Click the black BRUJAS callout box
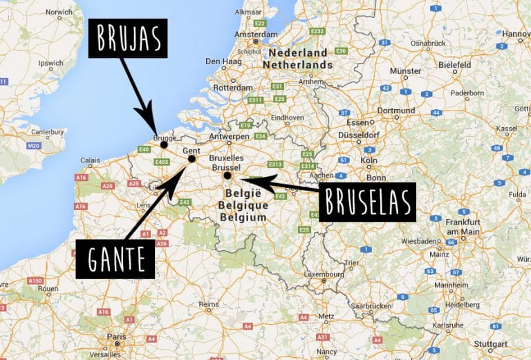click(x=127, y=39)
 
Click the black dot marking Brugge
click(x=164, y=145)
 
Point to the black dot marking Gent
click(x=192, y=159)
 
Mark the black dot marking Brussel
click(x=227, y=176)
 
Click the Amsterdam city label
click(x=256, y=35)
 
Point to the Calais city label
click(x=89, y=160)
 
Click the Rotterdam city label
click(x=233, y=88)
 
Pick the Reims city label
click(x=208, y=303)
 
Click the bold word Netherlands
click(x=301, y=64)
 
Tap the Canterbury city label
click(x=28, y=131)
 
